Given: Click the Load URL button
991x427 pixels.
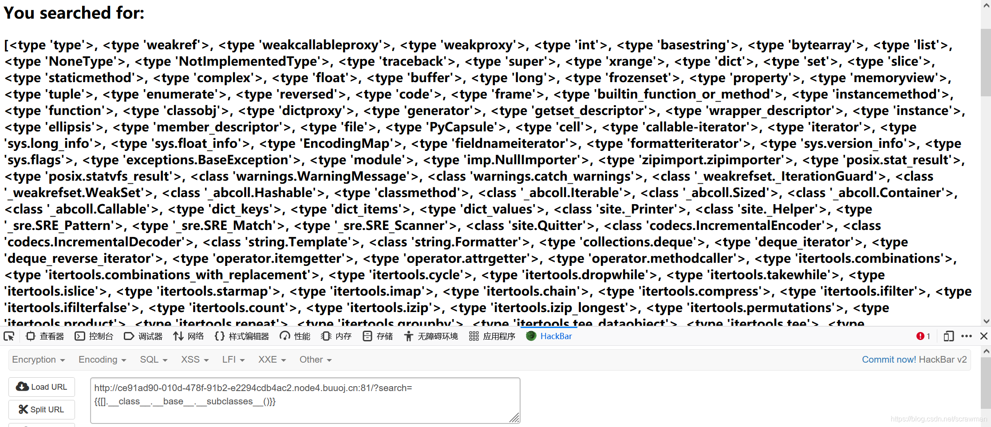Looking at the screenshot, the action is pos(42,387).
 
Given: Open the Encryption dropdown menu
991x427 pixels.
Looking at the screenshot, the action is pos(39,360).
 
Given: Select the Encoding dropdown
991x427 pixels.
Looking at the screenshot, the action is pos(102,360).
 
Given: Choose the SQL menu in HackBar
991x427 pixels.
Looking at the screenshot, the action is pos(153,360).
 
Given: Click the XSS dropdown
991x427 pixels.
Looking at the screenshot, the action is pos(194,360).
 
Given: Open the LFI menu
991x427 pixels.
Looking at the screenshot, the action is pos(233,360).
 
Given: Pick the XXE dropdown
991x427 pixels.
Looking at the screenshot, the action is pos(272,360).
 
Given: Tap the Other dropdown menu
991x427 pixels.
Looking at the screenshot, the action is pos(315,360).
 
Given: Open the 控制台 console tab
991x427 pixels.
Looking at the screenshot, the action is pos(94,336).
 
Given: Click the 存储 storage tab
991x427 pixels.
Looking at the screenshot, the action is pos(378,336).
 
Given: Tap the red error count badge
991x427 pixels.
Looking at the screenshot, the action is pos(923,336).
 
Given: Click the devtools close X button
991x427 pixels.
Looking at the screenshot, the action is pos(983,336).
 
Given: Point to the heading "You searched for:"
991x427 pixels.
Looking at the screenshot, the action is pos(74,13).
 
